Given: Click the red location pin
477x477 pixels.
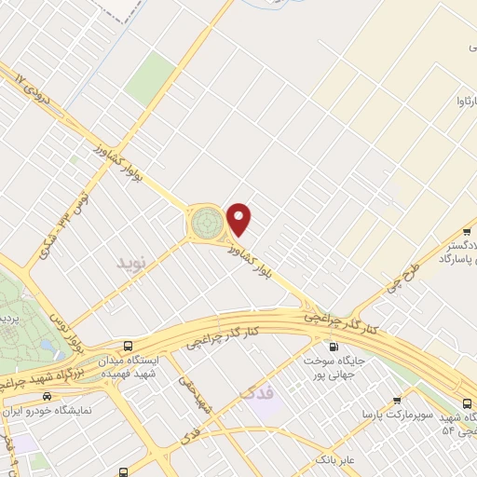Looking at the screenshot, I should tap(240, 219).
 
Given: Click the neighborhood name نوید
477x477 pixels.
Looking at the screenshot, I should tap(131, 264).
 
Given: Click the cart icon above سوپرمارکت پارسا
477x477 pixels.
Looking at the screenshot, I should tap(397, 401).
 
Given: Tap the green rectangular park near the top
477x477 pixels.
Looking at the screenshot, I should tap(150, 78).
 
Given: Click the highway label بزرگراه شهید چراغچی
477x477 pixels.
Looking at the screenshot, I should tap(43, 371).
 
